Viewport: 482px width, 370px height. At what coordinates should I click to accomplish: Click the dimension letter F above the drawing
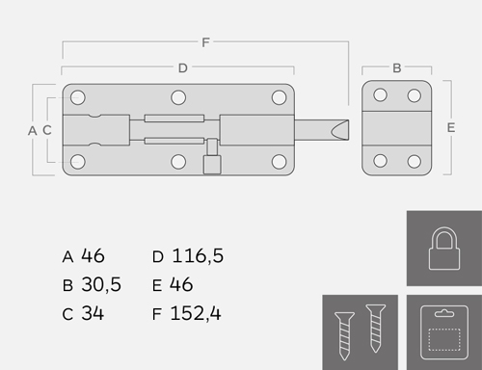click(205, 42)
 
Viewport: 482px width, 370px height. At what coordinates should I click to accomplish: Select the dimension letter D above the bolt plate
click(183, 68)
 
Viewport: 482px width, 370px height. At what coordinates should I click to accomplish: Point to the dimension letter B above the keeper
click(397, 68)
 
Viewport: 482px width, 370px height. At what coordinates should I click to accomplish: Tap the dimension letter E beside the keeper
click(451, 128)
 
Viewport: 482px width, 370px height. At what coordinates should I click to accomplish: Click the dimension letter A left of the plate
click(33, 131)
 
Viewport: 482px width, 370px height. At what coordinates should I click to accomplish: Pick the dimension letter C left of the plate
click(47, 130)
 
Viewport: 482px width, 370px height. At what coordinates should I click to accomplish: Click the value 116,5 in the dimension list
click(198, 256)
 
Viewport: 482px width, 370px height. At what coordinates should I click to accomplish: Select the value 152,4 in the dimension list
click(196, 313)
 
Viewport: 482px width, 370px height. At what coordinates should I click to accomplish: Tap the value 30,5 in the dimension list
click(101, 284)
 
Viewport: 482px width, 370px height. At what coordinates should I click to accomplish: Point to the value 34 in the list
click(93, 313)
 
